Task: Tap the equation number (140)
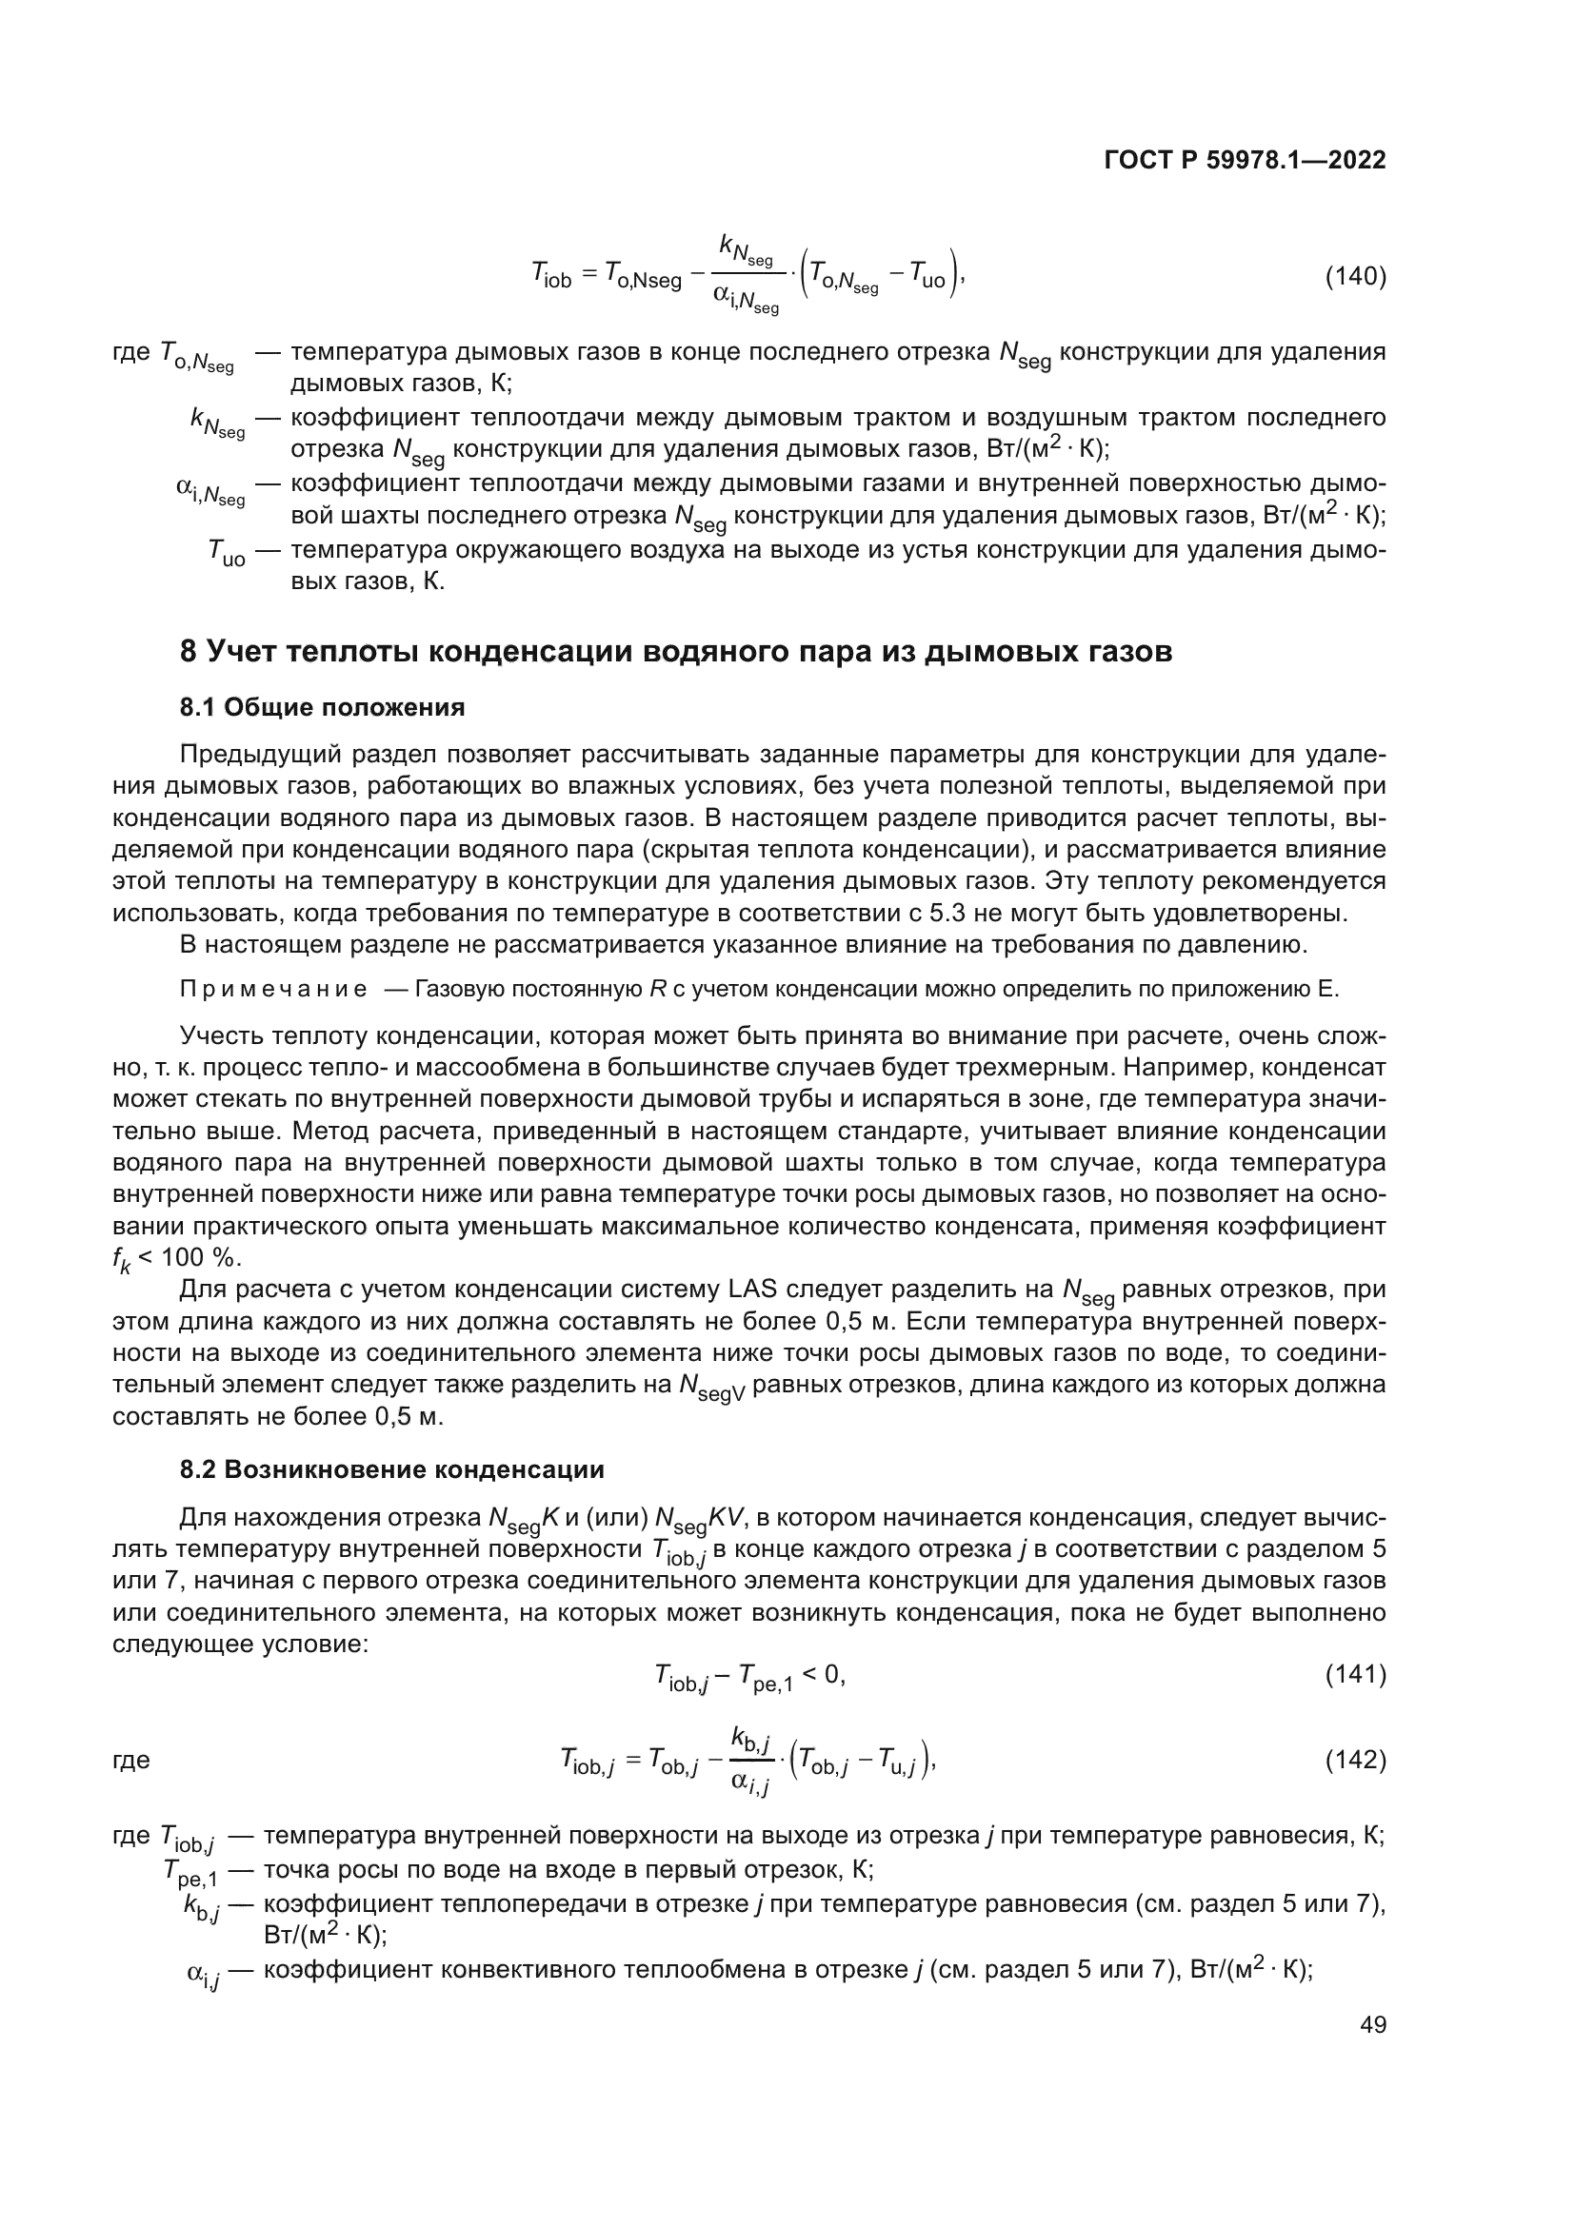pyautogui.click(x=1355, y=277)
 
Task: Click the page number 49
pyautogui.click(x=1372, y=2024)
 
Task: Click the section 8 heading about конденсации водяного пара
pyautogui.click(x=676, y=652)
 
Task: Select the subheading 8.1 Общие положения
pyautogui.click(x=322, y=708)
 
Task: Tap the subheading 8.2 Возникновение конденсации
pyautogui.click(x=391, y=1469)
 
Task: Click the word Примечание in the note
pyautogui.click(x=273, y=990)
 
